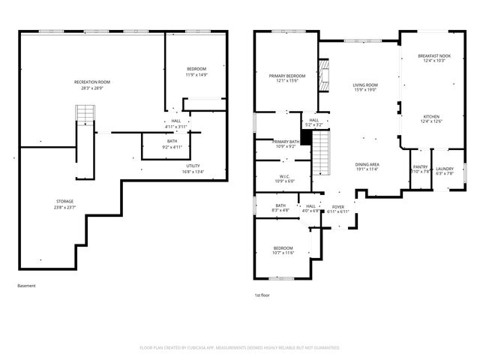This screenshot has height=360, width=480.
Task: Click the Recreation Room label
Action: pos(92,84)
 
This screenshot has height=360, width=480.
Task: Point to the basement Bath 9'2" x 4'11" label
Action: pos(172,144)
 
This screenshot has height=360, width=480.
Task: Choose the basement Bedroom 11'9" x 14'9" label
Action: pos(196,72)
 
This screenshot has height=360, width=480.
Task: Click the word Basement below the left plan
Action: pos(26,286)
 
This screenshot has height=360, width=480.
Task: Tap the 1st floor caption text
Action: pos(262,295)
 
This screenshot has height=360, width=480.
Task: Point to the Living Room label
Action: pos(365,88)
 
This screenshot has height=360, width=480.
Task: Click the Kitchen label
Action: pos(431,119)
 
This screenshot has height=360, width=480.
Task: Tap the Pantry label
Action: pos(421,170)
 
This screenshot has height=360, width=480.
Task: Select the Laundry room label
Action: pos(445,170)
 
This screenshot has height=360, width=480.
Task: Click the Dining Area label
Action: pos(367,166)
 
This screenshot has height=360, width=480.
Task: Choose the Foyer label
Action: pos(338,209)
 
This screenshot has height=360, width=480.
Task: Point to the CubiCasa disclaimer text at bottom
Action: pos(240,348)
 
